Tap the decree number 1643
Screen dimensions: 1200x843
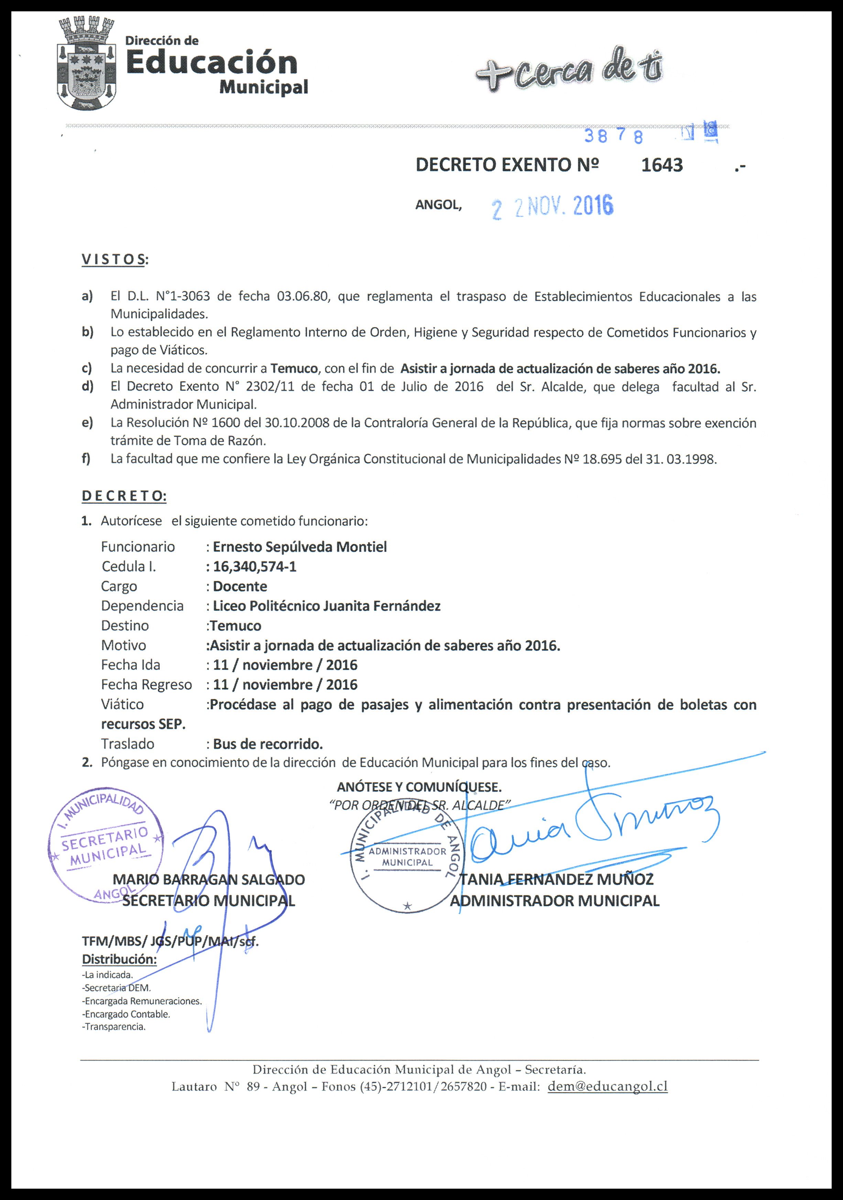(x=661, y=165)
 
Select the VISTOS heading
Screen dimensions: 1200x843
(x=113, y=260)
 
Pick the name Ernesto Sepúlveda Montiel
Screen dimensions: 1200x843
(x=300, y=547)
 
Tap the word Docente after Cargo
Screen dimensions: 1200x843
(x=240, y=586)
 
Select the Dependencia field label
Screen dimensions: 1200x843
(x=142, y=606)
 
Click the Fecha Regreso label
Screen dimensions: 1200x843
(x=146, y=685)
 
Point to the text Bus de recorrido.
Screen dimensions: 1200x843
(x=268, y=744)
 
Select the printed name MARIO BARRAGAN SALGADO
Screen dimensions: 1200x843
(x=209, y=880)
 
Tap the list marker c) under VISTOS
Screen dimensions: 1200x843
(x=87, y=368)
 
